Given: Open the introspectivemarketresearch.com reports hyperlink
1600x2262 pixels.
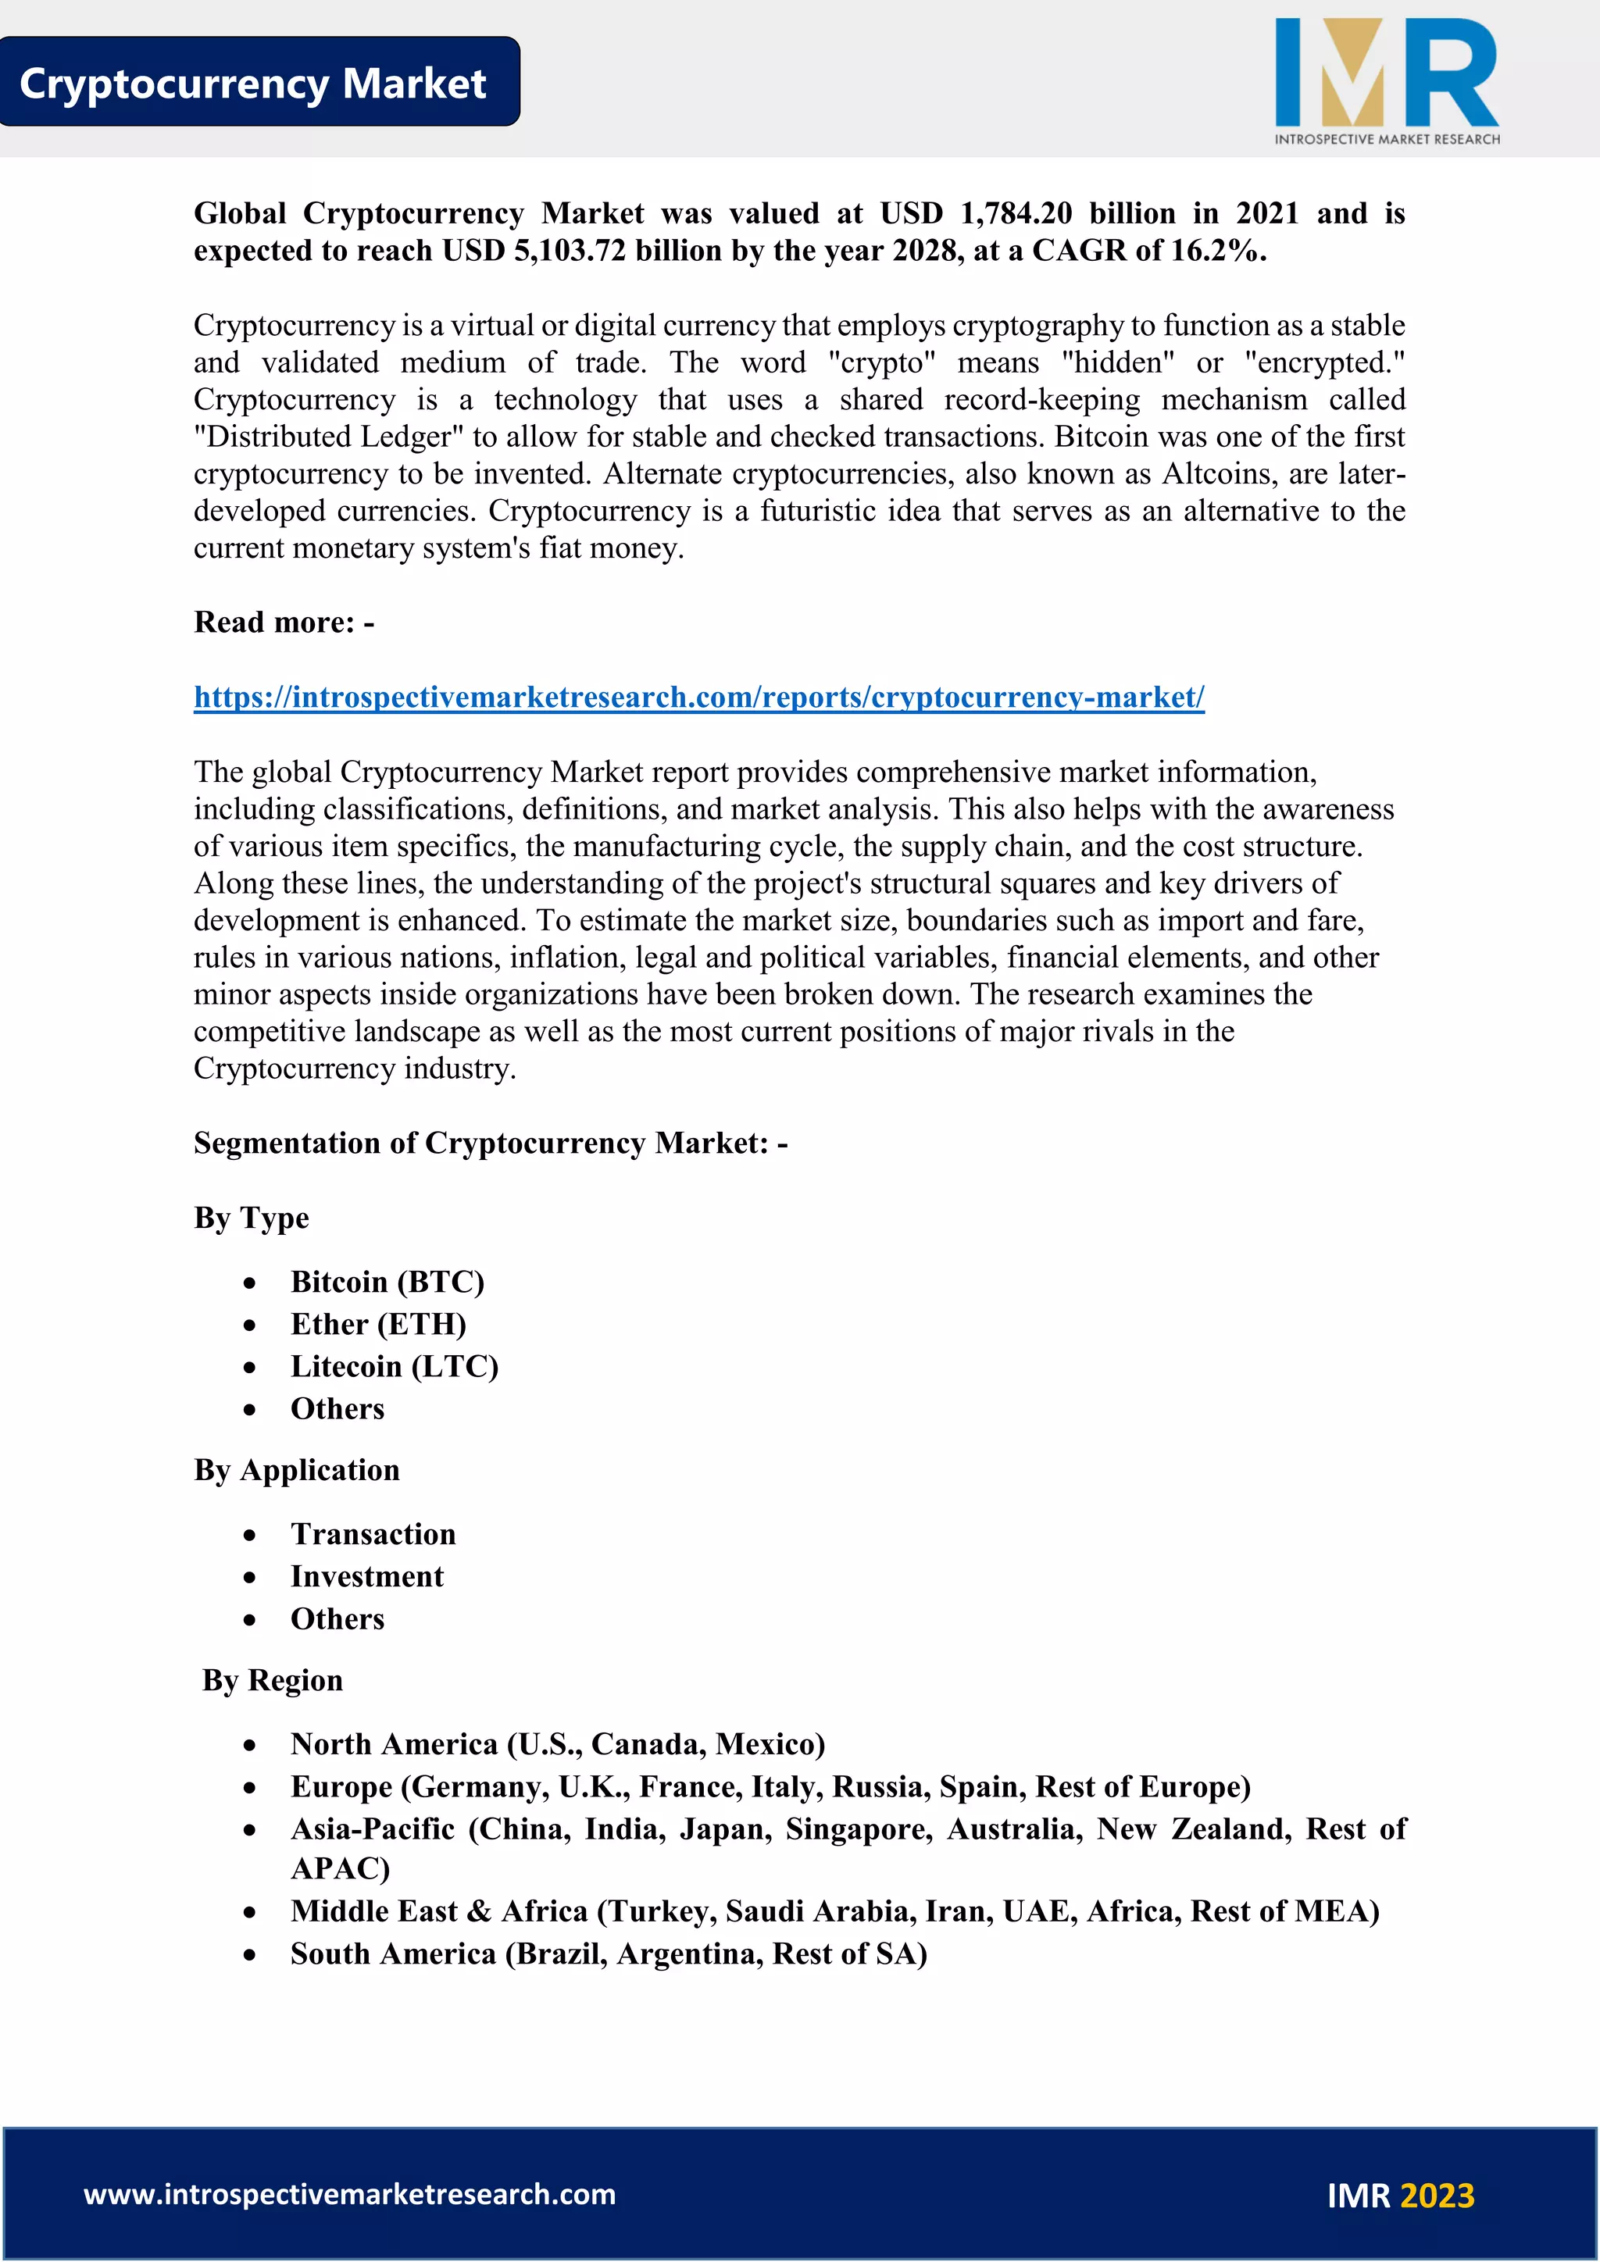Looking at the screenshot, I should click(x=698, y=697).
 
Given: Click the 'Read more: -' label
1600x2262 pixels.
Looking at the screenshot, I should click(x=284, y=623).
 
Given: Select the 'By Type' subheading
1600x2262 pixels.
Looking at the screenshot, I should click(x=252, y=1218).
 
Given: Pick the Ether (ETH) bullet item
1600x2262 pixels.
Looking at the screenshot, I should click(x=378, y=1324).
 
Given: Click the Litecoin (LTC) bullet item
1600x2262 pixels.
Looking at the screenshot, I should click(x=394, y=1366).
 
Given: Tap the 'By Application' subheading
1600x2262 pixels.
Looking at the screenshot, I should click(x=297, y=1470).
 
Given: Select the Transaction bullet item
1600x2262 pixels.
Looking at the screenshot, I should click(x=373, y=1534).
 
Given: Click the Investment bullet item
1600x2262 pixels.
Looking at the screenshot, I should click(x=366, y=1576).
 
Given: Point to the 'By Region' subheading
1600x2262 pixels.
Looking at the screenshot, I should click(x=273, y=1680).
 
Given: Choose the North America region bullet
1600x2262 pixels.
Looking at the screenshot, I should click(x=558, y=1744).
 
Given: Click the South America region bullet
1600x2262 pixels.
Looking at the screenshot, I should click(x=609, y=1953).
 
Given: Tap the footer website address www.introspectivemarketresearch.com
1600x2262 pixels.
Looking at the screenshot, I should click(x=350, y=2194).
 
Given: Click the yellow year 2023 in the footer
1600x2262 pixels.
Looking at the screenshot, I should click(x=1437, y=2196).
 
